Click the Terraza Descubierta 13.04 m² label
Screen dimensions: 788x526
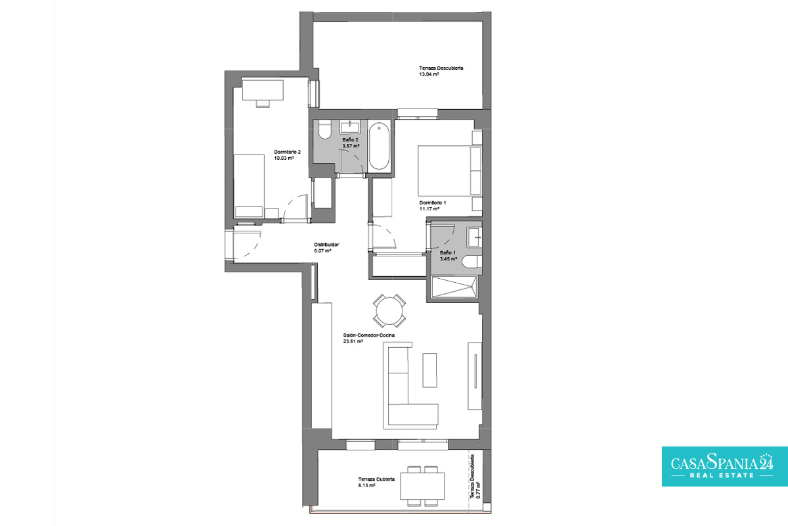[441, 71]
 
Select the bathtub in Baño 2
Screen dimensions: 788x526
[380, 146]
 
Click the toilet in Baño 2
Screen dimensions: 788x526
[324, 130]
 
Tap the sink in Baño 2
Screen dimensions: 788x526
[350, 127]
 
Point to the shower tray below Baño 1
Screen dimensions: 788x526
[454, 287]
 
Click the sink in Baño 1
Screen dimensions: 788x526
[474, 237]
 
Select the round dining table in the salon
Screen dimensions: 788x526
[389, 311]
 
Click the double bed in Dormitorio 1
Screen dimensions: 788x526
[450, 170]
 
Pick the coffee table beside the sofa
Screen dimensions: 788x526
[429, 370]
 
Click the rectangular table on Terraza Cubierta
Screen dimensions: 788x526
[422, 486]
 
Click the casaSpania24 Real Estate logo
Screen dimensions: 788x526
[725, 466]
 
